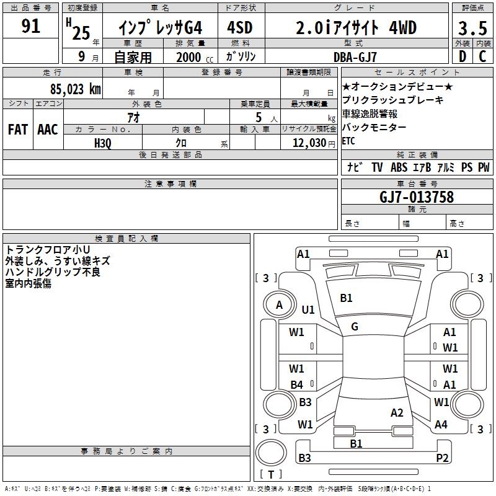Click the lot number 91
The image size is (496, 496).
click(30, 27)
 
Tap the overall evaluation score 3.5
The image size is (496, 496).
click(472, 29)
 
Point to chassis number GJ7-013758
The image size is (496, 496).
click(417, 198)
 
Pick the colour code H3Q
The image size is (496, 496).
click(103, 143)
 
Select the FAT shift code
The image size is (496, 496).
click(18, 130)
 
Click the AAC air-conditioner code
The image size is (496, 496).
click(48, 130)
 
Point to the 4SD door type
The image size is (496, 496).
click(241, 28)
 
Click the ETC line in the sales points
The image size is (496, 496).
click(348, 141)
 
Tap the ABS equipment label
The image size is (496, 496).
click(399, 167)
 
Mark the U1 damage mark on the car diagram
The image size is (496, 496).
click(308, 309)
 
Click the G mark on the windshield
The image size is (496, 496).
click(355, 327)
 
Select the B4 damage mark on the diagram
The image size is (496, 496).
click(297, 385)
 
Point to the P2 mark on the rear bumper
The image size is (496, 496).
click(442, 458)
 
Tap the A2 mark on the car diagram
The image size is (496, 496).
click(397, 413)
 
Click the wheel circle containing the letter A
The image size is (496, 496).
click(279, 304)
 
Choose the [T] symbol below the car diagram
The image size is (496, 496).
click(271, 475)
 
